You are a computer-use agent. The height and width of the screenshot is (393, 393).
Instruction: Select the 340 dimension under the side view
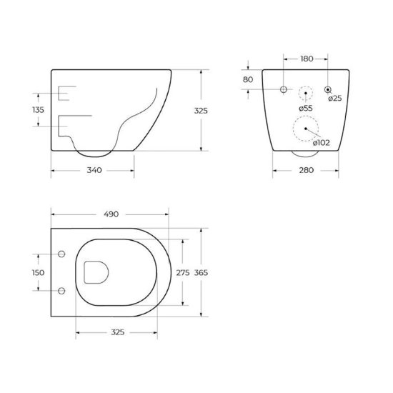pyautogui.click(x=93, y=170)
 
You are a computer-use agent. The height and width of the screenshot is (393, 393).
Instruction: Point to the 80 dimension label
pyautogui.click(x=248, y=79)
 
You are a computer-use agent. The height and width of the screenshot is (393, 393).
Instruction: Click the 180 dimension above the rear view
pyautogui.click(x=307, y=57)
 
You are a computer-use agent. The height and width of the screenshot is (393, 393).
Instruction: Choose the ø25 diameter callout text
pyautogui.click(x=334, y=99)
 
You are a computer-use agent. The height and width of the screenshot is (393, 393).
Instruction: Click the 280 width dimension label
pyautogui.click(x=307, y=170)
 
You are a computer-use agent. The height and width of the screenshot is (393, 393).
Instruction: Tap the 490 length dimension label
pyautogui.click(x=111, y=214)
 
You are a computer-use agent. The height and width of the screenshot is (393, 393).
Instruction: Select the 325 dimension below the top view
pyautogui.click(x=119, y=332)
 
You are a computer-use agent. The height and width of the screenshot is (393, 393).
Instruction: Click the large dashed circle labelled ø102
pyautogui.click(x=306, y=129)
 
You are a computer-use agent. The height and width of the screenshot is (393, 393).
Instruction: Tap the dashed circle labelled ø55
pyautogui.click(x=306, y=91)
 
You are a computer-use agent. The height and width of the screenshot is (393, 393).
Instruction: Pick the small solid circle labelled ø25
pyautogui.click(x=329, y=89)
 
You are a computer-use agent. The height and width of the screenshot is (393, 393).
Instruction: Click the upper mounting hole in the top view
pyautogui.click(x=61, y=254)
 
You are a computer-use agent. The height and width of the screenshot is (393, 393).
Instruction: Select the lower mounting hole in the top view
pyautogui.click(x=61, y=291)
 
